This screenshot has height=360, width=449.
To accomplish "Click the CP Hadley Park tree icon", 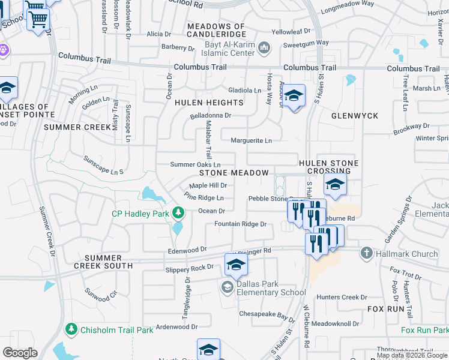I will (x=178, y=212).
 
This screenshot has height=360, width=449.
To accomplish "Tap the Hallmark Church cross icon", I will (x=367, y=253).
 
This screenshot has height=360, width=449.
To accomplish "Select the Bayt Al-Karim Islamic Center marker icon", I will (x=264, y=47).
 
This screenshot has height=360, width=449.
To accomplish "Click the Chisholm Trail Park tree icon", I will (x=71, y=329).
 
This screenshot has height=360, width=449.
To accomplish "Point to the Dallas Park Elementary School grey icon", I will (x=227, y=287).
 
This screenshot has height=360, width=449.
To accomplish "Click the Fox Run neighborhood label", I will (x=386, y=308).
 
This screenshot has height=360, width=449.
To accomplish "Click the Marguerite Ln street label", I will (x=252, y=140).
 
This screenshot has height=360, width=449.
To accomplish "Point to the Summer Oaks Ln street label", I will (x=195, y=164).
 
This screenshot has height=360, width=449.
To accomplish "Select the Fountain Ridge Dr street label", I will (x=240, y=224).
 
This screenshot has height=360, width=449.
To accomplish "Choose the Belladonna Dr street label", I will (x=211, y=115).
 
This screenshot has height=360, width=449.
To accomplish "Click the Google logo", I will (x=20, y=353).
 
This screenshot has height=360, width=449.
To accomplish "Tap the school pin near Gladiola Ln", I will (x=294, y=95).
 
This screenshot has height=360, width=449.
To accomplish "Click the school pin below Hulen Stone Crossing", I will (x=335, y=185).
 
